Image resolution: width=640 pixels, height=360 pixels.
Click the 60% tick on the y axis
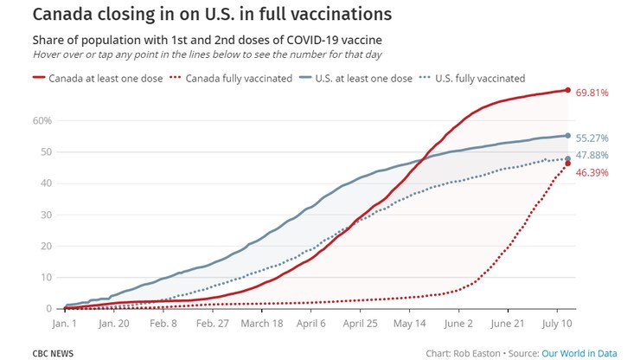click(x=42, y=120)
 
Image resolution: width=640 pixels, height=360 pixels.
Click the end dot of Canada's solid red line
click(x=568, y=90)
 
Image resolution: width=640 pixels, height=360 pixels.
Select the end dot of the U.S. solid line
click(x=568, y=136)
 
